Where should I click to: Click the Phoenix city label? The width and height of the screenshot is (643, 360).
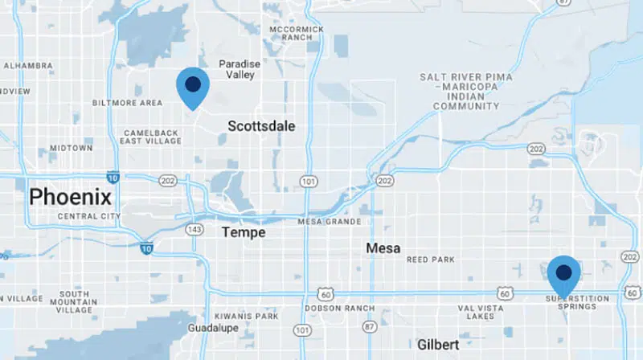tap(70, 197)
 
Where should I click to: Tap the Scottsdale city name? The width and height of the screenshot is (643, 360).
tap(261, 126)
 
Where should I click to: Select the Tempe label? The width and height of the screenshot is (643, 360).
tap(243, 232)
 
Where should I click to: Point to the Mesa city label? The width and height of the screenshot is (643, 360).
tap(383, 248)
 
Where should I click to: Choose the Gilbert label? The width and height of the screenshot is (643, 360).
tap(438, 344)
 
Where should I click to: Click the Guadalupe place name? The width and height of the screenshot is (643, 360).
tap(210, 329)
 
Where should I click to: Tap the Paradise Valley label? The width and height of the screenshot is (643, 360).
tap(236, 69)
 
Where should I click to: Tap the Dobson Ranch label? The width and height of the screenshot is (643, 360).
tap(340, 309)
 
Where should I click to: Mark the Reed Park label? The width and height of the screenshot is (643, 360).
tap(431, 260)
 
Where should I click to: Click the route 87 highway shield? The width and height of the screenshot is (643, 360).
tap(369, 327)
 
